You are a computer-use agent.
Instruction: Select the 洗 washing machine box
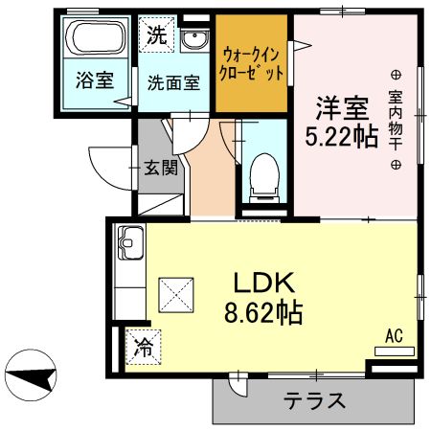[155, 37]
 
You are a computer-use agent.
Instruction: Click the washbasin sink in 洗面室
[193, 39]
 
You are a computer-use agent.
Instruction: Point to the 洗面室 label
[173, 81]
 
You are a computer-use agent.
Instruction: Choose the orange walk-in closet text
[252, 63]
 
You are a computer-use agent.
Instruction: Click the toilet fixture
[261, 176]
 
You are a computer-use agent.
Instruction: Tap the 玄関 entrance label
[159, 169]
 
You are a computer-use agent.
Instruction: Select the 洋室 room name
[340, 102]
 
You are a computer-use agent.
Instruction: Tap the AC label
[393, 336]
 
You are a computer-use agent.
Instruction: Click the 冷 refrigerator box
[143, 347]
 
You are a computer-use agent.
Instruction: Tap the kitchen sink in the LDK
[128, 245]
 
